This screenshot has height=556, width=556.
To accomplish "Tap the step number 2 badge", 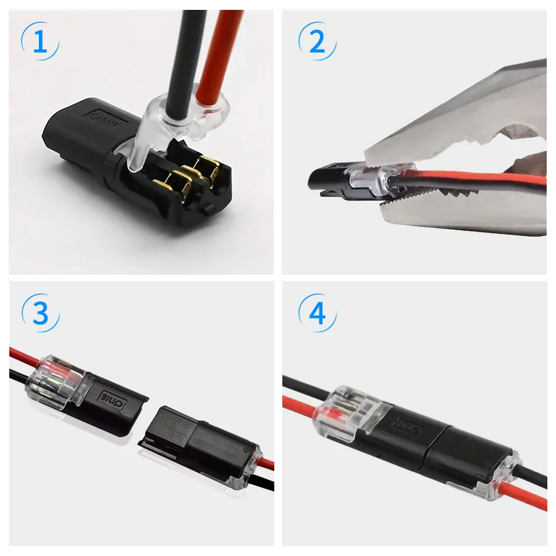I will tap(317, 42).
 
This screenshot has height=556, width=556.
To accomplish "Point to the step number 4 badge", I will tap(317, 314).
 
